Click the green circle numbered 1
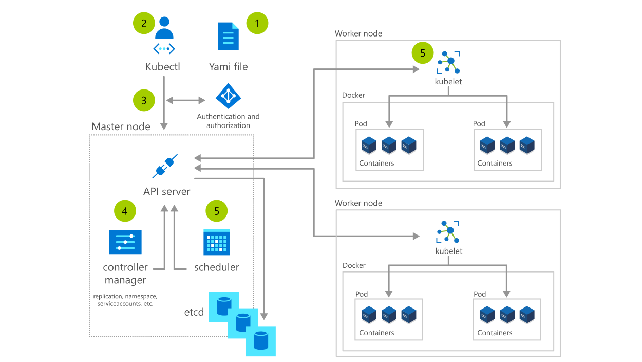click(x=257, y=23)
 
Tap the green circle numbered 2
click(x=144, y=23)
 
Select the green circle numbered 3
click(x=144, y=100)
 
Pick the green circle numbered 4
click(x=125, y=211)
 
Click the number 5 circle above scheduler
click(x=216, y=211)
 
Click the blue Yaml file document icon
click(x=228, y=36)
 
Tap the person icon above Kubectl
click(x=164, y=28)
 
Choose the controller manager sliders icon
click(x=125, y=242)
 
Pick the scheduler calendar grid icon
click(x=216, y=242)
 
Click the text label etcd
click(x=194, y=313)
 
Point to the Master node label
click(x=121, y=126)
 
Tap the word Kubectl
click(x=163, y=67)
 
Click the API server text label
click(x=166, y=192)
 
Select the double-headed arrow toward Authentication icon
click(x=185, y=100)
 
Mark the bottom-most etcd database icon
click(x=260, y=340)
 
